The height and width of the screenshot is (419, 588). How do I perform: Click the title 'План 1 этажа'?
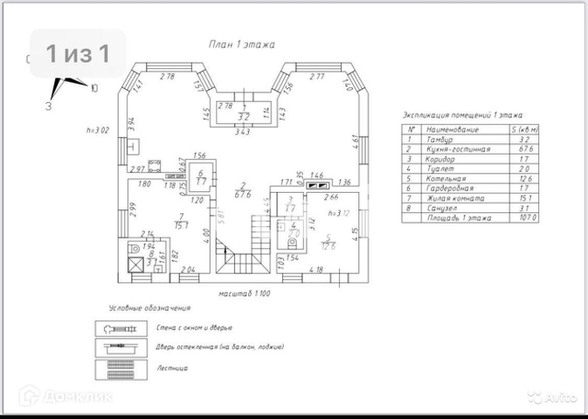pos(242,43)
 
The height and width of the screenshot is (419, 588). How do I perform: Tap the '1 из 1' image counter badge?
pos(78,54)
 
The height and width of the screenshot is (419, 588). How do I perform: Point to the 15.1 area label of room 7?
pos(181,226)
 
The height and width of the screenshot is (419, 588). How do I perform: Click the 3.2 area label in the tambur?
pos(245,115)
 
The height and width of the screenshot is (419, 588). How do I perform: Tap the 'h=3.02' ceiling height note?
pos(97,130)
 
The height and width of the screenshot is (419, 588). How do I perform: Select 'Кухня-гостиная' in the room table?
pos(448,149)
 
